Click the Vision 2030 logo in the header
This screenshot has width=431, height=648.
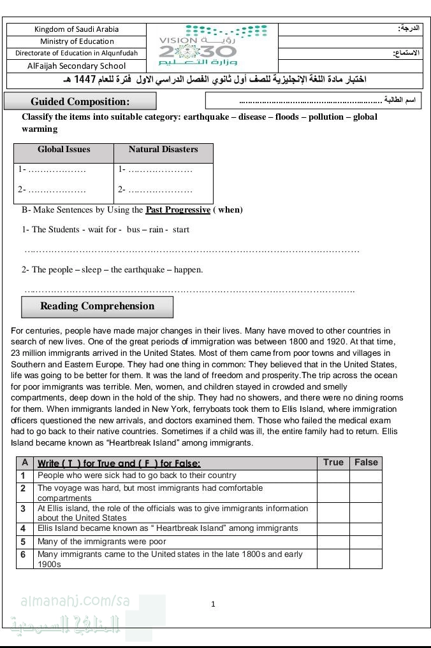click(x=213, y=47)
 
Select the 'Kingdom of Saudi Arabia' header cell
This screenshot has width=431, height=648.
click(x=77, y=29)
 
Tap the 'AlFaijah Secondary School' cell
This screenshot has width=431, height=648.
click(x=77, y=66)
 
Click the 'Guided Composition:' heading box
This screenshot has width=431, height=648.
click(x=80, y=101)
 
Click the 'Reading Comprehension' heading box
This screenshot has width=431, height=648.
click(x=97, y=306)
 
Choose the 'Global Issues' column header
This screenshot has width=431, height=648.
click(x=64, y=150)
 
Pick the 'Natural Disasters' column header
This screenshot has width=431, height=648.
click(x=163, y=150)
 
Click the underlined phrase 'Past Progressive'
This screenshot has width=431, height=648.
click(x=178, y=210)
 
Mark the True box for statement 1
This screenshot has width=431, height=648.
click(x=333, y=476)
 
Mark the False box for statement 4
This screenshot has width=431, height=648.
click(x=366, y=529)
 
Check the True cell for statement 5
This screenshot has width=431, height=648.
click(x=333, y=542)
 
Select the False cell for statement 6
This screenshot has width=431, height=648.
click(x=366, y=559)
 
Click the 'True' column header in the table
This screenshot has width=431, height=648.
click(x=333, y=463)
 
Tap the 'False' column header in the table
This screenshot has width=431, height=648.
click(x=366, y=463)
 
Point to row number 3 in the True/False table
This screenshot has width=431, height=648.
click(x=23, y=509)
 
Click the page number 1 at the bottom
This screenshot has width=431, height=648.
click(x=213, y=604)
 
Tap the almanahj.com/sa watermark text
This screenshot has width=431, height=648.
click(x=70, y=601)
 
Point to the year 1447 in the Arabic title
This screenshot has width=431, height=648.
click(x=85, y=80)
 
